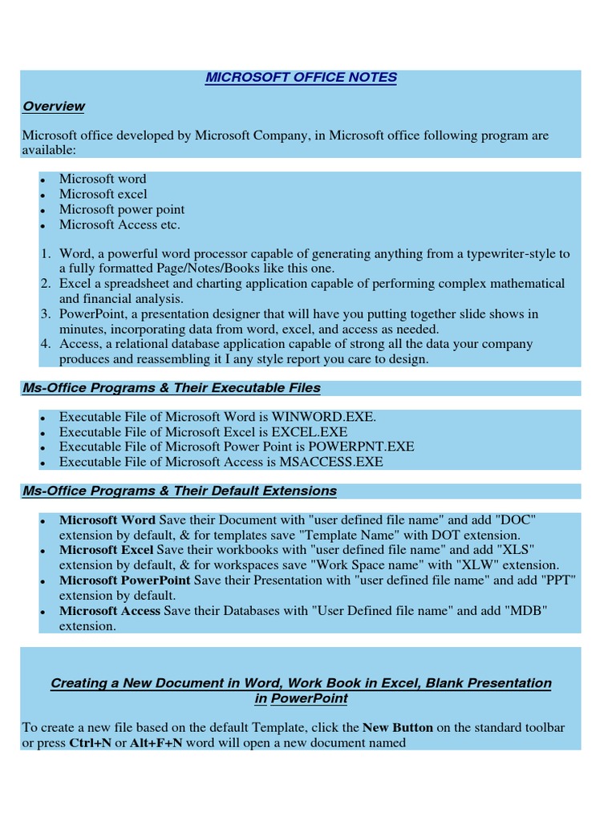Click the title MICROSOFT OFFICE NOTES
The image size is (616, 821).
click(x=301, y=78)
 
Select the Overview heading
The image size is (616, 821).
click(x=54, y=107)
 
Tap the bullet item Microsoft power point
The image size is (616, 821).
click(x=122, y=209)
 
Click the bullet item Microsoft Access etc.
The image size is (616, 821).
click(x=120, y=224)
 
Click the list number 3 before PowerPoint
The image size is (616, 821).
click(x=47, y=313)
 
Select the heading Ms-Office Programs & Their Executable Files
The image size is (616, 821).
click(x=172, y=388)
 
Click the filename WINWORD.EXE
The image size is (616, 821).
click(x=324, y=417)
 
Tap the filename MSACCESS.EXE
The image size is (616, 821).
click(x=331, y=462)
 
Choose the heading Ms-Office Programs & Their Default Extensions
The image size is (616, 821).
click(x=180, y=491)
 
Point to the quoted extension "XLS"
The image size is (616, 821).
click(x=518, y=550)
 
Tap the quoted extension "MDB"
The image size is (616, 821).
click(x=527, y=610)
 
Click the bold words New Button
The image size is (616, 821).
click(x=398, y=728)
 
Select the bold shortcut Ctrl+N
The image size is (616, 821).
click(x=91, y=743)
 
